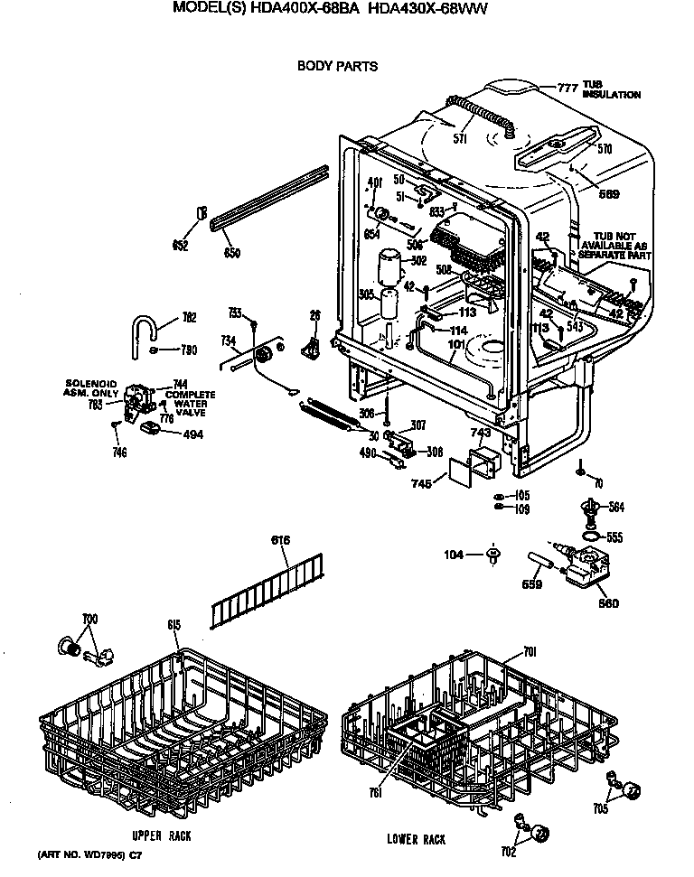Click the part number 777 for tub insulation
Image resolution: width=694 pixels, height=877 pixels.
[567, 88]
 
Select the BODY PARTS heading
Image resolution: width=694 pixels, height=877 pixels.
[337, 66]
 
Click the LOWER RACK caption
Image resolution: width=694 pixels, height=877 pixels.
[416, 839]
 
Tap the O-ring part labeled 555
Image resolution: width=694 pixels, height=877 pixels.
[588, 537]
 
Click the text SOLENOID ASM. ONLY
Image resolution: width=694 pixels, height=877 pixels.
[92, 387]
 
